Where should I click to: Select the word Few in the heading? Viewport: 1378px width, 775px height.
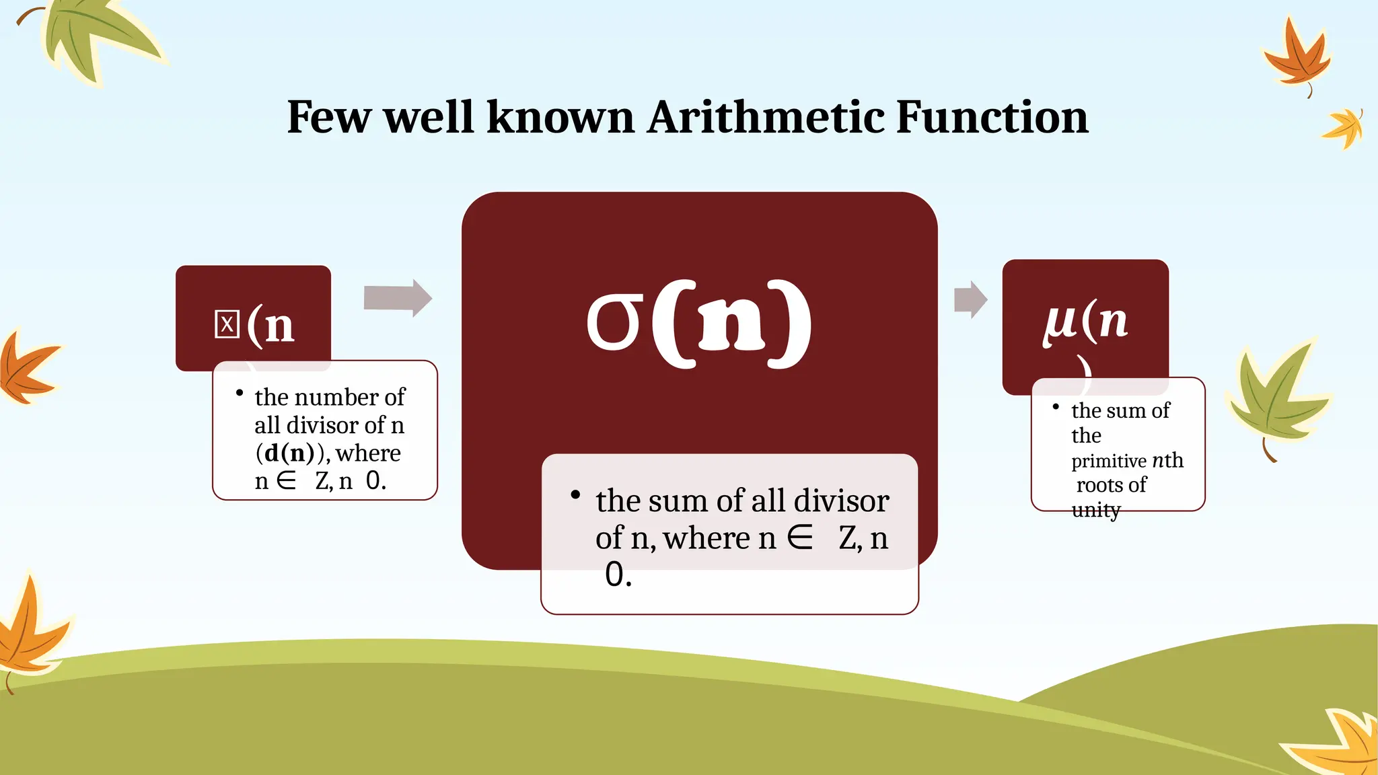[328, 117]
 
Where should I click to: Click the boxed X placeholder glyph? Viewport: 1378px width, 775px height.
[227, 324]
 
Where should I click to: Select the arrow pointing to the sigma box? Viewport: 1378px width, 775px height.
[398, 297]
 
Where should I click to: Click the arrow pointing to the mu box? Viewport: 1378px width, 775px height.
[970, 299]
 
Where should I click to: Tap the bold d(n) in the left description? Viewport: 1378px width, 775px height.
[289, 453]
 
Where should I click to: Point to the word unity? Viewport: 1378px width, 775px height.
[1095, 510]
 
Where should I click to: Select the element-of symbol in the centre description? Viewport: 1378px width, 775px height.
[800, 538]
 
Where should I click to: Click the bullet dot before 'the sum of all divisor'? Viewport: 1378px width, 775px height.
[575, 495]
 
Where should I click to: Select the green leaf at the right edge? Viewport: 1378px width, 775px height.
[1275, 397]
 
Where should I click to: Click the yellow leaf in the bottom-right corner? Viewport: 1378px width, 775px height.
[1339, 743]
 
